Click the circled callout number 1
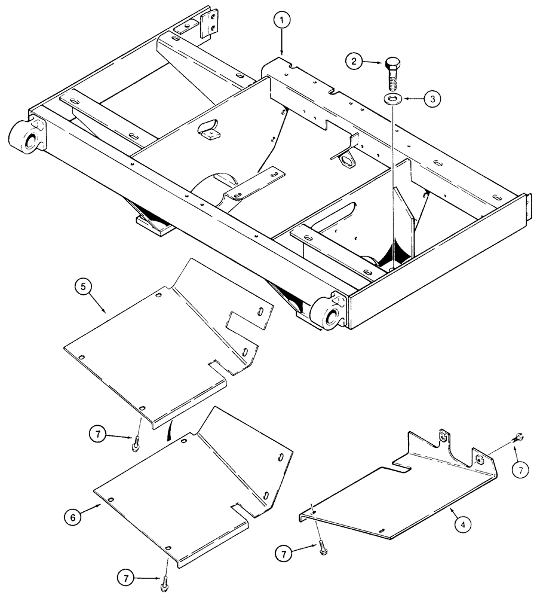coord(283,21)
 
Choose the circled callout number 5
coord(85,288)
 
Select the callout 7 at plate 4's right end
coord(520,470)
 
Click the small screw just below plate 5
coord(137,444)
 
